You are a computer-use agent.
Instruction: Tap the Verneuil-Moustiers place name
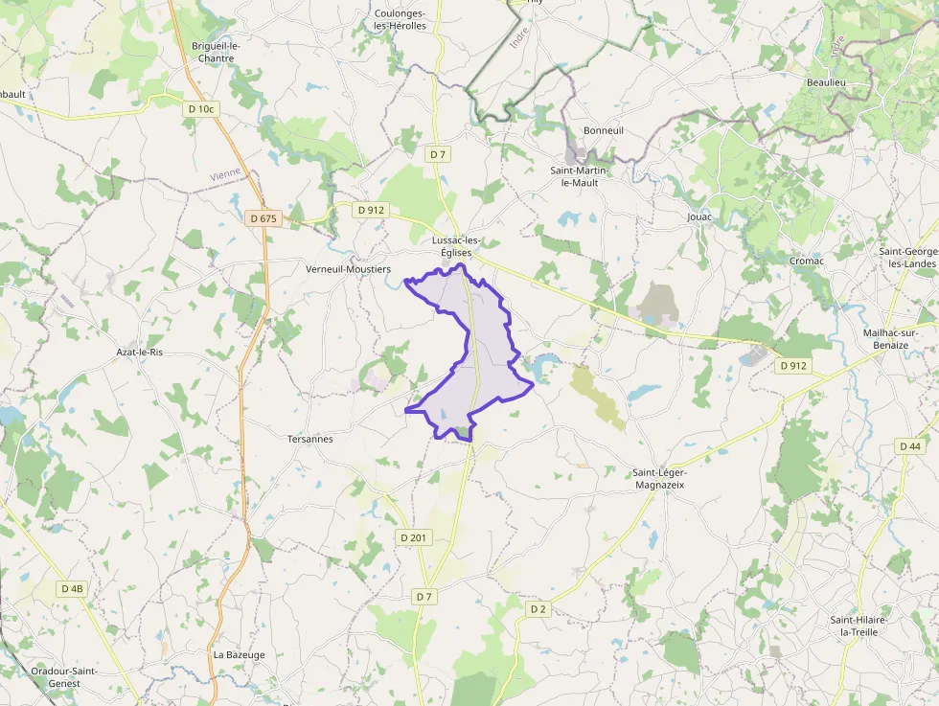click(x=348, y=270)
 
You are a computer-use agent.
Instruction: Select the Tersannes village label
click(x=310, y=439)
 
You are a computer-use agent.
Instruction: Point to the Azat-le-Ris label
click(x=140, y=353)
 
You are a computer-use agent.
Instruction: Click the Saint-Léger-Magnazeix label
click(x=659, y=479)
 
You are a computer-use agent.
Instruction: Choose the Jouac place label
click(x=699, y=217)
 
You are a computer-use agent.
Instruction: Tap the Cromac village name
click(x=806, y=261)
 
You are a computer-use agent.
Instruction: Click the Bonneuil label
click(x=604, y=130)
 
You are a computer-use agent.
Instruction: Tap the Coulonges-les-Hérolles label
click(x=401, y=19)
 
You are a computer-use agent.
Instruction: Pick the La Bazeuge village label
click(x=239, y=655)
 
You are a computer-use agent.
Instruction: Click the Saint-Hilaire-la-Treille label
click(x=859, y=626)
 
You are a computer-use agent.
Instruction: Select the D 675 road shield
click(x=263, y=218)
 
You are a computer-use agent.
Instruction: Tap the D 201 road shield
click(x=414, y=537)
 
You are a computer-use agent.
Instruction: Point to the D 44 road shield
click(x=910, y=446)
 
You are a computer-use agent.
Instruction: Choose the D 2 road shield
click(x=538, y=608)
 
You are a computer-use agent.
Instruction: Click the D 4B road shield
click(x=72, y=588)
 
